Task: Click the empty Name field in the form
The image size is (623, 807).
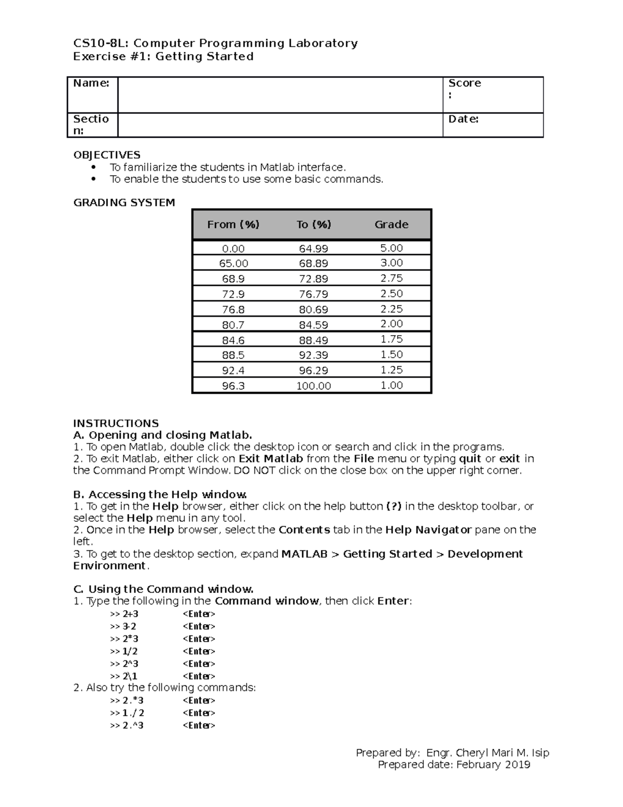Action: (280, 95)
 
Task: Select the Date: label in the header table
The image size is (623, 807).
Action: (463, 119)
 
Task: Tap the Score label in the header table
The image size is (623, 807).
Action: (464, 83)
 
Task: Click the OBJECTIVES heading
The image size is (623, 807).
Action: (106, 155)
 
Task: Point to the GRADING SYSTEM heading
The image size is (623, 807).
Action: (124, 203)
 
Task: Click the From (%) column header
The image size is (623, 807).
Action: (233, 224)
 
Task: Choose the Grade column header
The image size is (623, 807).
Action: (391, 224)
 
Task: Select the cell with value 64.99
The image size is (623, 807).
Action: (313, 249)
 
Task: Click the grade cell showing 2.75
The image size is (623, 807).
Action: (391, 278)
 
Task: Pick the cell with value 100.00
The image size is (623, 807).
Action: (313, 386)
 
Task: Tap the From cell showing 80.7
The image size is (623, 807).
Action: (233, 325)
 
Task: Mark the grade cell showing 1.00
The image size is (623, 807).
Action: (391, 385)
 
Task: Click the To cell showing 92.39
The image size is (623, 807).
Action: (313, 355)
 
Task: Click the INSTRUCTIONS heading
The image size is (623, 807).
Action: (116, 423)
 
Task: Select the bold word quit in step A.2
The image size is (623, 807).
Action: (470, 459)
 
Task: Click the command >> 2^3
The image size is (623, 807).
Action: (124, 664)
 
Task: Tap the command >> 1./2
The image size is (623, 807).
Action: (127, 713)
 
